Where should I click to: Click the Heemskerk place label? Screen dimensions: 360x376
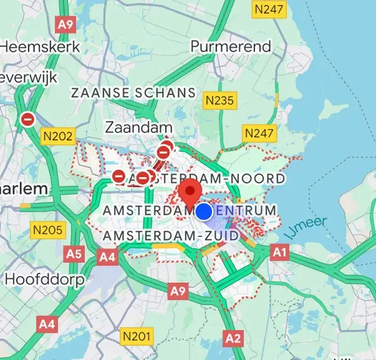[40, 46]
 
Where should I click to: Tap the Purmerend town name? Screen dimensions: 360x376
[231, 46]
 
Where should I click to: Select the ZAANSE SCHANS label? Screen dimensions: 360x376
[133, 93]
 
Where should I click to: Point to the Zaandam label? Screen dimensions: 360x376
[139, 127]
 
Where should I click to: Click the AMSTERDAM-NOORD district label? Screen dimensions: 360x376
[207, 178]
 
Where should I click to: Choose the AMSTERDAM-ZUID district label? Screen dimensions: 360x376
[170, 235]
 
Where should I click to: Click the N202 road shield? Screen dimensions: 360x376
[58, 136]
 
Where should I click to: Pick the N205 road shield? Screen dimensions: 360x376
[48, 230]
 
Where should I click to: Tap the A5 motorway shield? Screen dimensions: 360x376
[74, 254]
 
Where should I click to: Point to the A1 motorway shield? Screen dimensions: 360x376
[279, 251]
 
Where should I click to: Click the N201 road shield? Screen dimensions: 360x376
[137, 336]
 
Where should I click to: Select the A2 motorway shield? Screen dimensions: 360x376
[233, 339]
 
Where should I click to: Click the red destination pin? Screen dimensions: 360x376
[189, 191]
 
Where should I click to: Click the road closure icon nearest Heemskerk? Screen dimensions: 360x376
[28, 119]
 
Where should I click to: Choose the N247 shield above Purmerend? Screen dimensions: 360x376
[268, 9]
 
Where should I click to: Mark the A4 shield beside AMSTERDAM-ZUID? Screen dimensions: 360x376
[107, 257]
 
